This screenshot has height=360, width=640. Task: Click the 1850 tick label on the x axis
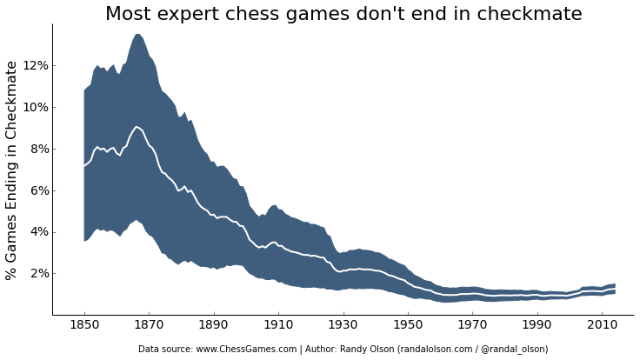[84, 324]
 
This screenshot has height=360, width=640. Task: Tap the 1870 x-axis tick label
[149, 324]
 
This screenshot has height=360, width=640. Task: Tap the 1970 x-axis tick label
[473, 324]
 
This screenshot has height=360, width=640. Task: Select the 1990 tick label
[537, 324]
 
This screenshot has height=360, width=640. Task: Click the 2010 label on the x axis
[603, 324]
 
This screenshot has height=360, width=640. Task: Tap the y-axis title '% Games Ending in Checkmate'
[12, 170]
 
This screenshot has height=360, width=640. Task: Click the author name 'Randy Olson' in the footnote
[368, 350]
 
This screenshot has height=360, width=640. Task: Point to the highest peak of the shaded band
[137, 34]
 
